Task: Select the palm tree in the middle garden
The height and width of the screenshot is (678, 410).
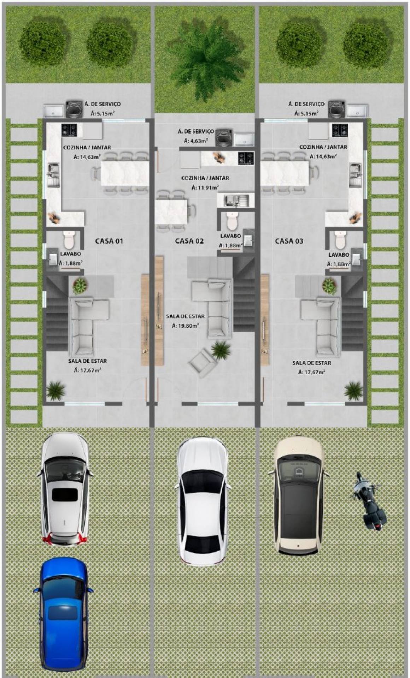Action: click(x=205, y=58)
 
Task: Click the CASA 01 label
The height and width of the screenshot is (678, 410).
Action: click(x=109, y=241)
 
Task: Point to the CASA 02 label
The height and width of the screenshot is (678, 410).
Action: click(x=189, y=241)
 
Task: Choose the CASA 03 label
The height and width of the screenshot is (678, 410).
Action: click(x=289, y=241)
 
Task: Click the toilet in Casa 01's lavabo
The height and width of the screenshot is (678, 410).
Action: click(x=69, y=240)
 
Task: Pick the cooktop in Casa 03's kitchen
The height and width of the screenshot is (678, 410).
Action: click(x=339, y=130)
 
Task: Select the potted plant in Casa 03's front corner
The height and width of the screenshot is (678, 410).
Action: click(x=353, y=391)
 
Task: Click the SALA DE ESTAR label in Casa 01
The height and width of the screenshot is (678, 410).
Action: click(x=87, y=361)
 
